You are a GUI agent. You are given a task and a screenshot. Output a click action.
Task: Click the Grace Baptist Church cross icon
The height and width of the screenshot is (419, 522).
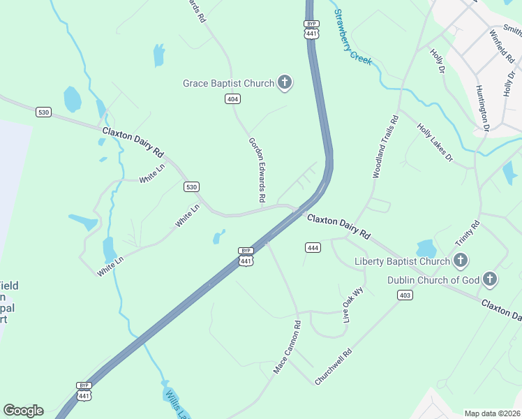(x=284, y=83)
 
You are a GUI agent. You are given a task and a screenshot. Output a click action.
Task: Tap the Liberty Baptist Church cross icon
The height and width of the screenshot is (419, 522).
(x=460, y=261)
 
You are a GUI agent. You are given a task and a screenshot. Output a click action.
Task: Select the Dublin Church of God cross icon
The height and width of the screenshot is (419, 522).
(x=491, y=280)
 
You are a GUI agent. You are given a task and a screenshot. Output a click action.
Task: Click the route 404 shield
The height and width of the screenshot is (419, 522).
(x=233, y=99)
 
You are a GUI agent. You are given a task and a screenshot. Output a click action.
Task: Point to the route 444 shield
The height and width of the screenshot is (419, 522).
(x=313, y=248)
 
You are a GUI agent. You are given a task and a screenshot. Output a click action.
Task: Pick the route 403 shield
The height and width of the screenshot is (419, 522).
(x=404, y=295)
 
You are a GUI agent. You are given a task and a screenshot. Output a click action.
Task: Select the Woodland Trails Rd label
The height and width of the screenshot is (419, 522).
(x=385, y=147)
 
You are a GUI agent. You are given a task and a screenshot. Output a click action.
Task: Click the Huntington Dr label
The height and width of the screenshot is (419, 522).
(x=483, y=108)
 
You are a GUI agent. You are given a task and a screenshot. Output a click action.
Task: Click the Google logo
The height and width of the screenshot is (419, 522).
(x=24, y=410)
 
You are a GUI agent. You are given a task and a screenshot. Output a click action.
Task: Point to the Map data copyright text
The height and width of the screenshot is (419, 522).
(x=492, y=413)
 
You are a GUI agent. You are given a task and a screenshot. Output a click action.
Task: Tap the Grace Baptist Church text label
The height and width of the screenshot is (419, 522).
(x=228, y=84)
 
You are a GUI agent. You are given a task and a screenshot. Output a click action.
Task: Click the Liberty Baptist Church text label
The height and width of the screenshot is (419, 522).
(x=402, y=262)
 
